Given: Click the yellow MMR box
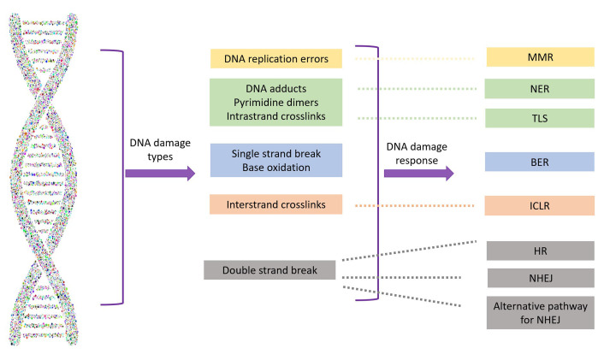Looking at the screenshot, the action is pos(540,57).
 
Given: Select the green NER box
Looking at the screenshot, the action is pos(539,89).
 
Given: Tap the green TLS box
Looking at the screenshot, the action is pos(540,118).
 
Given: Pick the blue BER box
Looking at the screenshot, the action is pos(539,162).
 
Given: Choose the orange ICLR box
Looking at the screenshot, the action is pos(539,205).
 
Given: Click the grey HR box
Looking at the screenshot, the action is pos(541,251).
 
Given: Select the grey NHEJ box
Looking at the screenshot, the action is pos(541,278).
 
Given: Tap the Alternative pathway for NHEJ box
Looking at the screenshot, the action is pos(541,313).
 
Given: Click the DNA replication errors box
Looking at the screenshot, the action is pos(276,58).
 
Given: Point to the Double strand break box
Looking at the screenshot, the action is pos(269,270).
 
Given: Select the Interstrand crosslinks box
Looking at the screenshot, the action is pos(275,204).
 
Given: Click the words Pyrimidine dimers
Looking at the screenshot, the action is pos(275,103).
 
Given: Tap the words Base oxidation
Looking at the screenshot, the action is pos(275,168).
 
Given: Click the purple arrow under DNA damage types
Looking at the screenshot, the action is pos(160,174).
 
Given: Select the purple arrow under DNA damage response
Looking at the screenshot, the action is pos(418,174).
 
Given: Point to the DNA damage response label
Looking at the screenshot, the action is pos(417,153).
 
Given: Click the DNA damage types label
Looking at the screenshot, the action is pos(160,150).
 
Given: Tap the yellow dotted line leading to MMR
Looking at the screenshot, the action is pos(414,59).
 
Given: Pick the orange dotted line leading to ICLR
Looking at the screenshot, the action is pos(414,206).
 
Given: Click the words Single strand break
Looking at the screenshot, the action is pos(275,154).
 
